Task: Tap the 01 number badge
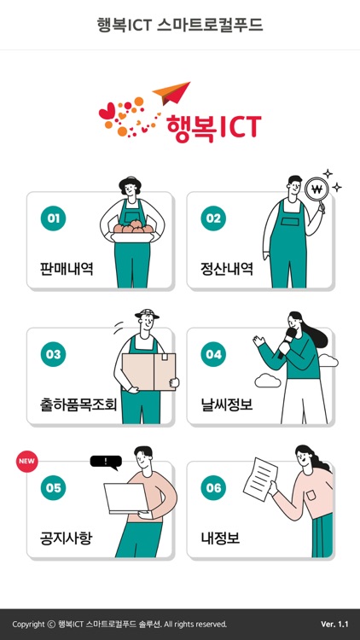coord(54,218)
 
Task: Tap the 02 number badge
coord(213,218)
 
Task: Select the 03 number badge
coord(54,354)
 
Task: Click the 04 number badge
coord(213,354)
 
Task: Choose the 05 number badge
coord(54,488)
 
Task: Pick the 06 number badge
coord(213,488)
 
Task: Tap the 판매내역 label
coord(67,269)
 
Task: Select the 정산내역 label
coord(226,269)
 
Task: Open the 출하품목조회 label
coord(78,404)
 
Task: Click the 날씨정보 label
coord(226,404)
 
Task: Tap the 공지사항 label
coord(67,539)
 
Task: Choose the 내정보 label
coord(220,539)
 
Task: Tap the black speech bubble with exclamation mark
coord(106,462)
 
